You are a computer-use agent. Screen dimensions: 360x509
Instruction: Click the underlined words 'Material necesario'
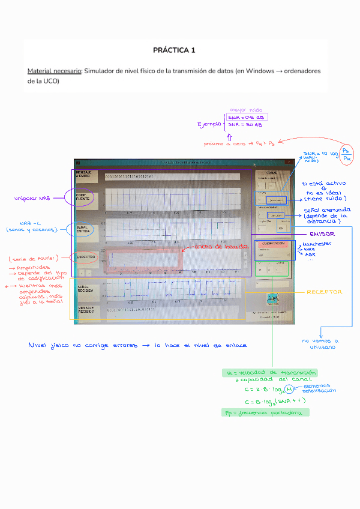(x=55, y=71)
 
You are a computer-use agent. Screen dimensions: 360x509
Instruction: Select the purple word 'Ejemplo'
(x=209, y=124)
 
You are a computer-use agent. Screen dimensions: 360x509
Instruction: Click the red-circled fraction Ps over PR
(x=347, y=153)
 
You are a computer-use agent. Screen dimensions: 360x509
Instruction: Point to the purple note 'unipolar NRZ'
(x=34, y=198)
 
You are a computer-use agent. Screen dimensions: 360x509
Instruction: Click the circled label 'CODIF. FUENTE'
(x=82, y=197)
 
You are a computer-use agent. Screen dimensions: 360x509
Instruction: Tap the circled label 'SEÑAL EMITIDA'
(x=82, y=229)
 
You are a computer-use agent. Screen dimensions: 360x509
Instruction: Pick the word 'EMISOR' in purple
(x=322, y=233)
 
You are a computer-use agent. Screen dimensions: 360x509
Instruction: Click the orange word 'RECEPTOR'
(x=325, y=292)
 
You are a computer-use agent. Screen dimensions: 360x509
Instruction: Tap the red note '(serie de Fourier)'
(x=34, y=259)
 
